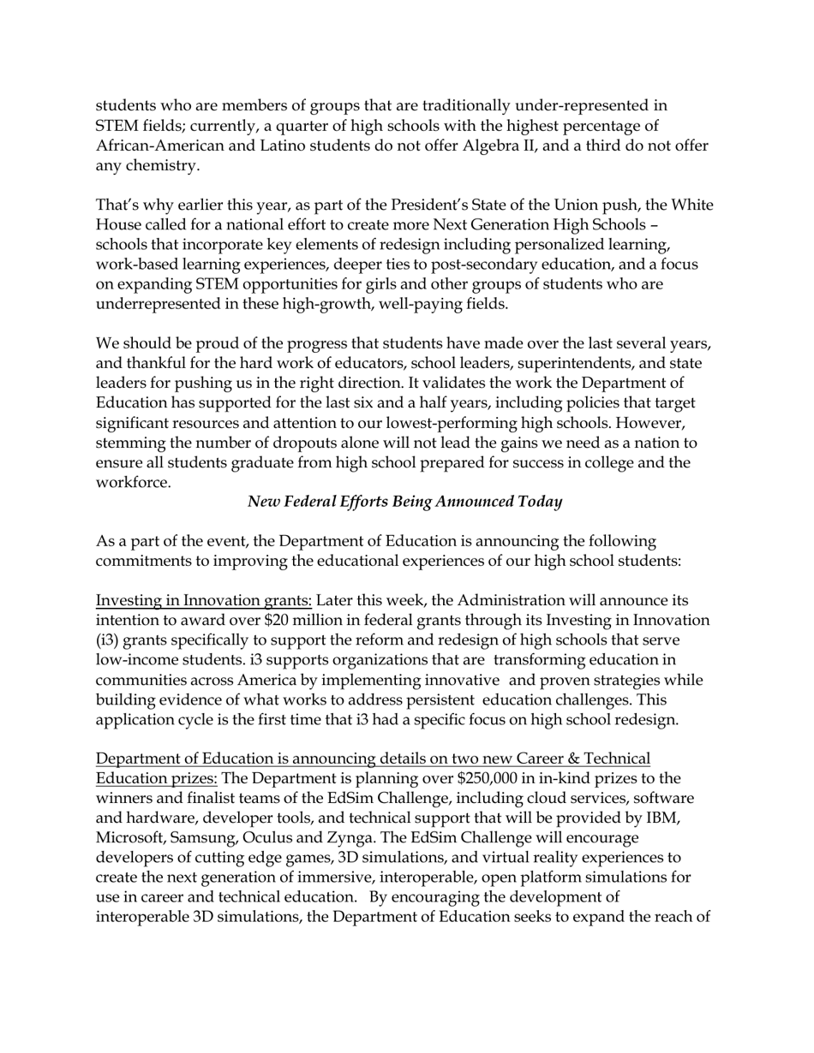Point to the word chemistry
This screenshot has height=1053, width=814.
coord(159,165)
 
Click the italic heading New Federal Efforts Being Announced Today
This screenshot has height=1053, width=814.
coord(404,502)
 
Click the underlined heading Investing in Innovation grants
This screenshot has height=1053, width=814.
coord(203,600)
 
